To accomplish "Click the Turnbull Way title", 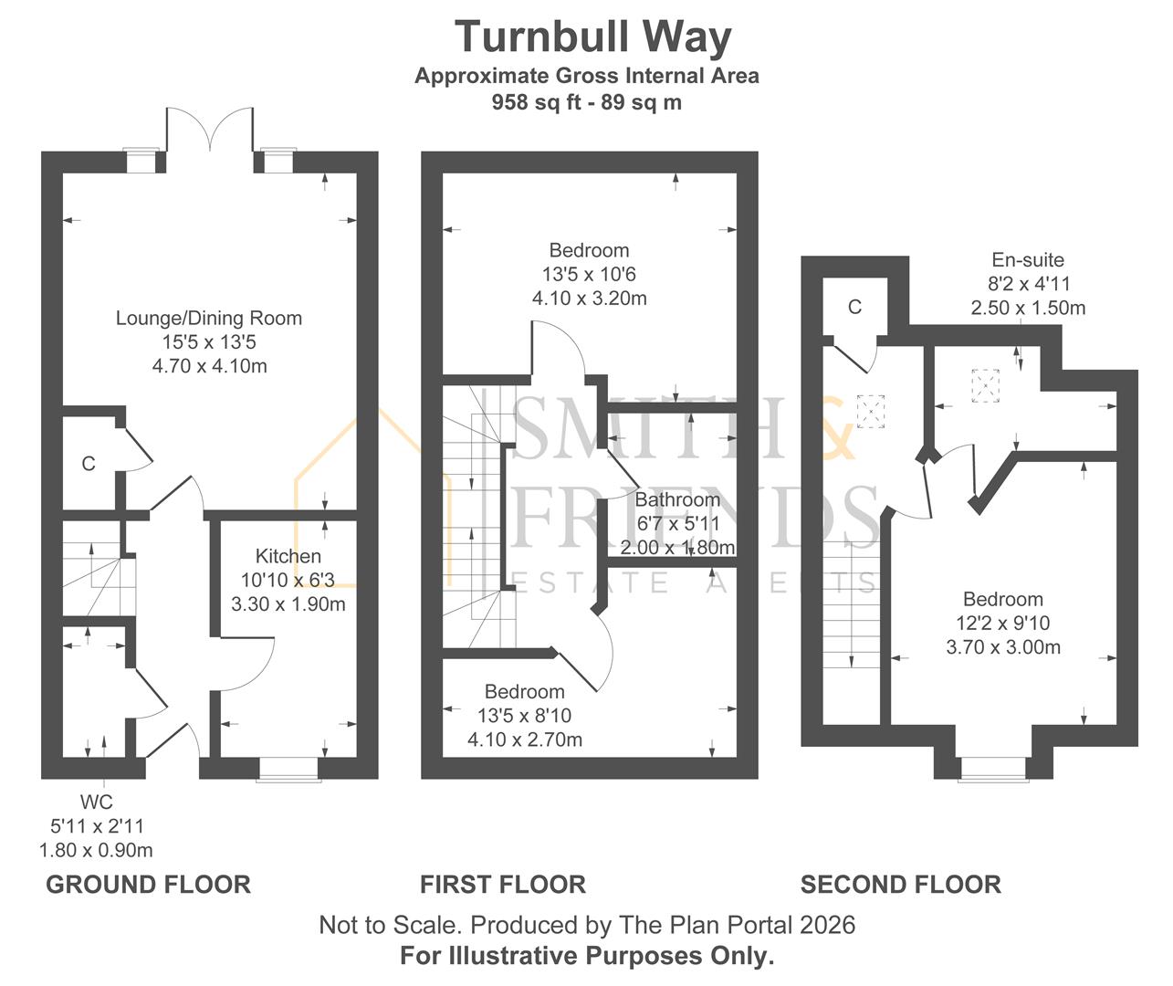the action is (592, 37).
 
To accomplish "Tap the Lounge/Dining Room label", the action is (209, 318).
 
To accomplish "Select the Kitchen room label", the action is (288, 556).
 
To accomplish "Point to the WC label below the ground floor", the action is (96, 802).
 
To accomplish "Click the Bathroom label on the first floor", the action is (677, 499).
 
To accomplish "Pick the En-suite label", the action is (1028, 259).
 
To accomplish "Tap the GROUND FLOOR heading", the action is (148, 885).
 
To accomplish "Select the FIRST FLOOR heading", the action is (503, 885).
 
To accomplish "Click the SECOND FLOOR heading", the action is (901, 885).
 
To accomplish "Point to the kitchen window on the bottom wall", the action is (288, 769).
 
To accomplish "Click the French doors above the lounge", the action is (210, 130).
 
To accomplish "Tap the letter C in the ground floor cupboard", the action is (89, 464).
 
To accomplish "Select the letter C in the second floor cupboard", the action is (854, 307).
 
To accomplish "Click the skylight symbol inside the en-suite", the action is (985, 385).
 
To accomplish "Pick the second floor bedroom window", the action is (993, 769).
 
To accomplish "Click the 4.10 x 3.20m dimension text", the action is (590, 298).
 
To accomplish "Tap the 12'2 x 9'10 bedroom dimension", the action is (1003, 623).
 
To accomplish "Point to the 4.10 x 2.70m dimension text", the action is (525, 739).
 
